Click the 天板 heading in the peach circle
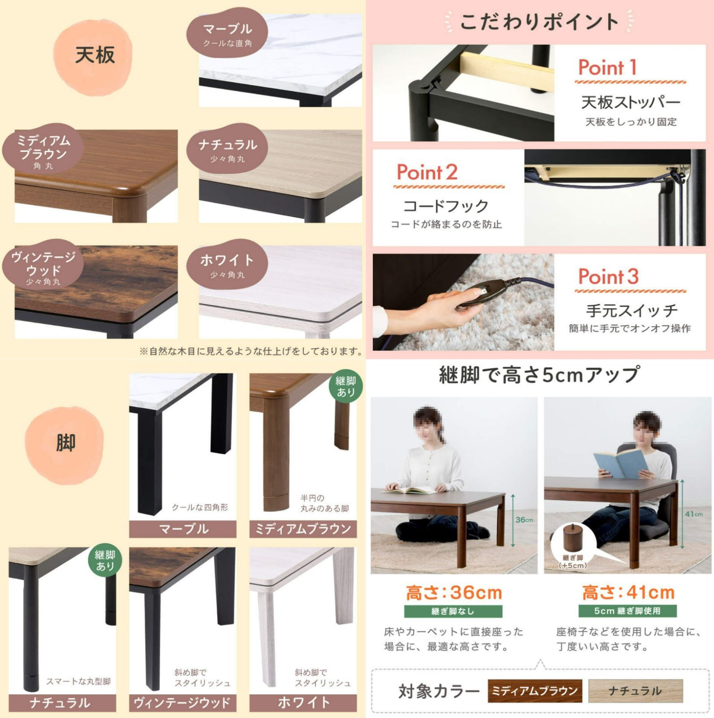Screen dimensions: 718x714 point(95,56)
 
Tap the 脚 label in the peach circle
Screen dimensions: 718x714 point(66,443)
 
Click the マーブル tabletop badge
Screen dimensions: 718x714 point(228,34)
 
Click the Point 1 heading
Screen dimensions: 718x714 point(607,68)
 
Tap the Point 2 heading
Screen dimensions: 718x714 point(427,172)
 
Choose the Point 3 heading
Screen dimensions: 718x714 point(608,276)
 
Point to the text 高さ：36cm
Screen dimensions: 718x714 point(454,593)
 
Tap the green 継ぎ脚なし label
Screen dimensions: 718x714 point(453,611)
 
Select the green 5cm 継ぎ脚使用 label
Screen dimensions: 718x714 point(627,611)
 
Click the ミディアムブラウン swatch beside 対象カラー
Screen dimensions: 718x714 point(534,691)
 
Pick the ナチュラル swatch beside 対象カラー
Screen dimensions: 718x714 point(635,691)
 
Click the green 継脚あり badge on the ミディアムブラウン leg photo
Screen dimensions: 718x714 point(346,386)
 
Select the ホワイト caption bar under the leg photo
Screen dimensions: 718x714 point(303,703)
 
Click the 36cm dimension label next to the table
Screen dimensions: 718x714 point(524,520)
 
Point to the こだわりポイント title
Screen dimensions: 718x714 point(539,22)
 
